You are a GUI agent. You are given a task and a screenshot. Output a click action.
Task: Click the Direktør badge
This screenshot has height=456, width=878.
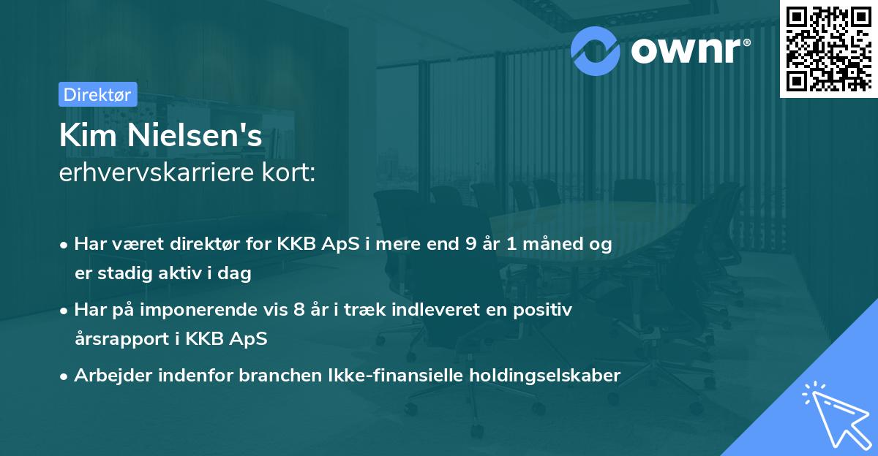click(x=97, y=94)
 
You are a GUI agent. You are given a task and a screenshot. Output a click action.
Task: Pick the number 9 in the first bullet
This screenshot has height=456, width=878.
click(x=460, y=245)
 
